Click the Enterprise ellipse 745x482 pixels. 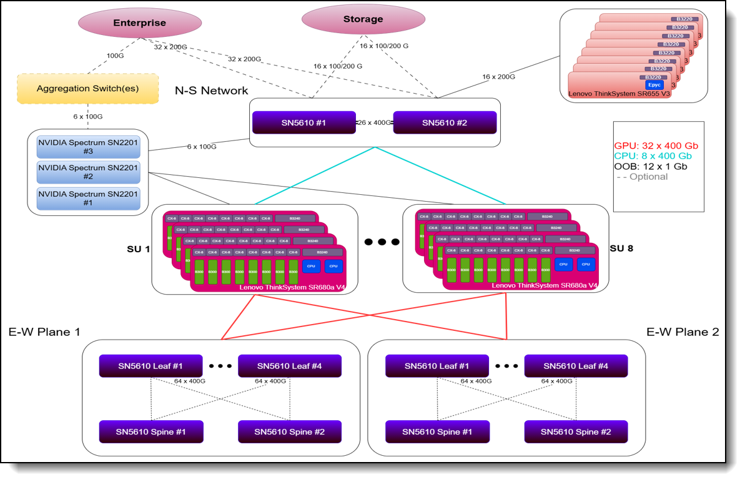tap(139, 23)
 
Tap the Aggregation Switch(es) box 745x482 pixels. tap(87, 89)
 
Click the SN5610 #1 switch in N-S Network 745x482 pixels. tap(303, 123)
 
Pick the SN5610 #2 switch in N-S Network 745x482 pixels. tap(444, 123)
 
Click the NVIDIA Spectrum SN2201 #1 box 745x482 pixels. tap(88, 198)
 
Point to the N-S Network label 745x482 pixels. tap(211, 91)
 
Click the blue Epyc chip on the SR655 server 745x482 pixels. tap(653, 84)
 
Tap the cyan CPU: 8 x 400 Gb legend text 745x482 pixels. tap(653, 155)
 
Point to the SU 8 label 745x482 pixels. tap(621, 248)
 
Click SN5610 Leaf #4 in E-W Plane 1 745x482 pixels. tap(289, 366)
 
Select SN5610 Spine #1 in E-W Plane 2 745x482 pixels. tap(437, 431)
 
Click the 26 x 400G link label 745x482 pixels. tap(374, 123)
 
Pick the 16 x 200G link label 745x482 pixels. tap(498, 77)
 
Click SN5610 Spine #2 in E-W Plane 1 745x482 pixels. tap(289, 431)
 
